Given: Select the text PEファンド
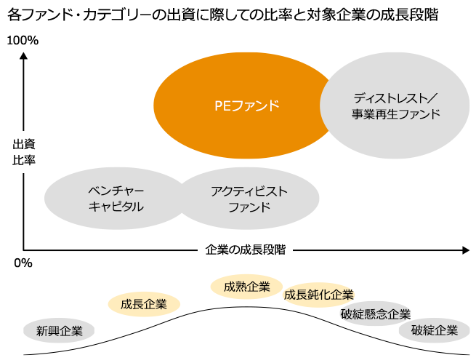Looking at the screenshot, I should (x=246, y=105).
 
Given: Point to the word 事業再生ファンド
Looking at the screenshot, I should (x=396, y=114).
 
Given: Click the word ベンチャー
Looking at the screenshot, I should (x=116, y=191).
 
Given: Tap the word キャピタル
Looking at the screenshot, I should (x=116, y=207).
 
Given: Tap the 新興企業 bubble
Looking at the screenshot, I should (x=59, y=331).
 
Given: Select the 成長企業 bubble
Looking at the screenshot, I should (x=144, y=304).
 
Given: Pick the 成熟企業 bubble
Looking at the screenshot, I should (x=246, y=287).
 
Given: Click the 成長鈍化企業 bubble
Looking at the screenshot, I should (x=318, y=295).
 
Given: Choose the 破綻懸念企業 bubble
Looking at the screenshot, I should (x=375, y=314).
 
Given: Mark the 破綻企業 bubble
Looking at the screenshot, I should (x=435, y=331).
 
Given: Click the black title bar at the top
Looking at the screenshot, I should (x=222, y=14).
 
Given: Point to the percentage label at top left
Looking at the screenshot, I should (x=22, y=41).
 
